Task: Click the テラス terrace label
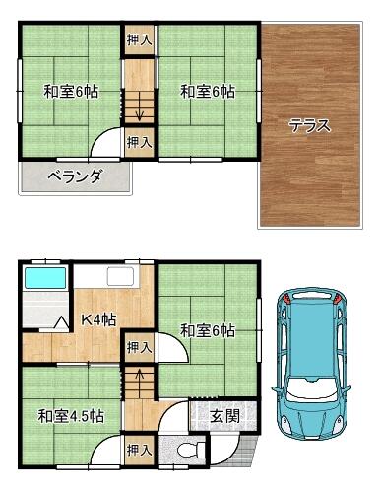pyautogui.click(x=309, y=126)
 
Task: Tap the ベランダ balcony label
pyautogui.click(x=74, y=176)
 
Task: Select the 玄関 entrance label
pyautogui.click(x=224, y=416)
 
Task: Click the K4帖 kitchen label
pyautogui.click(x=98, y=318)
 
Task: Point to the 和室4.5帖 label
pyautogui.click(x=71, y=416)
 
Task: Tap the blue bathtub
pyautogui.click(x=45, y=278)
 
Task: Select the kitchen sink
pyautogui.click(x=121, y=277)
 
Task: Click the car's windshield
pyautogui.click(x=311, y=388)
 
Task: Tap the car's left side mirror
pyautogui.click(x=276, y=388)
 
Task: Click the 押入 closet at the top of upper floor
pyautogui.click(x=140, y=40)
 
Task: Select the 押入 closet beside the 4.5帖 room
pyautogui.click(x=140, y=450)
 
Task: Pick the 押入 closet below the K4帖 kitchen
pyautogui.click(x=140, y=347)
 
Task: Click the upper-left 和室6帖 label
pyautogui.click(x=71, y=91)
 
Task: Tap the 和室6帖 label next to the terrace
pyautogui.click(x=208, y=91)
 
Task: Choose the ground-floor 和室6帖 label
pyautogui.click(x=208, y=330)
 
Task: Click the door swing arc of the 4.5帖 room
pyautogui.click(x=99, y=443)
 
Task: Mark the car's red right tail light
pyautogui.click(x=337, y=299)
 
